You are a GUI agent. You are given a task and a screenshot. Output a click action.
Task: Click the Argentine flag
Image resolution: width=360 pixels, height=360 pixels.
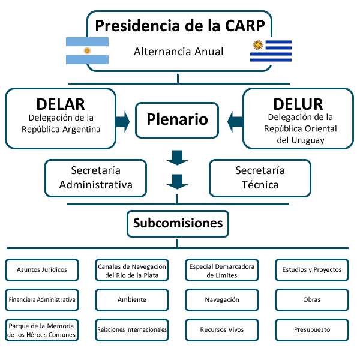point(87,50)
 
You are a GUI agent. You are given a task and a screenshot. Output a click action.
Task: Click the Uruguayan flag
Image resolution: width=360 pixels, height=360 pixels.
point(271,50)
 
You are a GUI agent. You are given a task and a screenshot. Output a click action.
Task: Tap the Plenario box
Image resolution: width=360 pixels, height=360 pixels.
point(178,119)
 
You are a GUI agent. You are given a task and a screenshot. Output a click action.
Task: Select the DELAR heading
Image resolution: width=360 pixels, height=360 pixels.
point(61,103)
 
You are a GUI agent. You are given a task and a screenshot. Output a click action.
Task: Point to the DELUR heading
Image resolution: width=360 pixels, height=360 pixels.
point(298,103)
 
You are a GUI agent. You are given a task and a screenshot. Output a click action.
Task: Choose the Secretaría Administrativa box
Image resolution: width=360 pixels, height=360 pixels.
point(96,178)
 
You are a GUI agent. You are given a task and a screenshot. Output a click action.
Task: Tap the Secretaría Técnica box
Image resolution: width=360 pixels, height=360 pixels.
point(260,178)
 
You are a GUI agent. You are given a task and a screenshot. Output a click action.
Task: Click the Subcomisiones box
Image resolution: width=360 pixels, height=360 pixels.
point(178,224)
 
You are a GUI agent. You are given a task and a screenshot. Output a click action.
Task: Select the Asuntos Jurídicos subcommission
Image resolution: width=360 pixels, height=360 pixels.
point(42,270)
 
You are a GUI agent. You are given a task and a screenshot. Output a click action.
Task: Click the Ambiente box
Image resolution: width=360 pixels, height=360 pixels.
point(132,299)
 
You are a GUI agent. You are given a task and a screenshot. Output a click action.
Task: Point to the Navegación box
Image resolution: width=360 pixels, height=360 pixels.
point(222,299)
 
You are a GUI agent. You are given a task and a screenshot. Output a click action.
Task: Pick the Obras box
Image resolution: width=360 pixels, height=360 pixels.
point(312,299)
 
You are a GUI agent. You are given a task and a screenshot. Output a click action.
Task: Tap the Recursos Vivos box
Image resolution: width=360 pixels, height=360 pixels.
point(222,329)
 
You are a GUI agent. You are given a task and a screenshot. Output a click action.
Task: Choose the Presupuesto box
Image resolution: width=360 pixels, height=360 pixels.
point(312,329)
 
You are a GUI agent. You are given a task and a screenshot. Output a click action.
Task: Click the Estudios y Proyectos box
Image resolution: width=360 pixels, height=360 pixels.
point(312,270)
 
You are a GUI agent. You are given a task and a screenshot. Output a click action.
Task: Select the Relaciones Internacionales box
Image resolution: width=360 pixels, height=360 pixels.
point(132,329)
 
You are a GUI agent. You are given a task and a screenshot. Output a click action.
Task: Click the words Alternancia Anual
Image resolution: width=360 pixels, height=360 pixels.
point(178,52)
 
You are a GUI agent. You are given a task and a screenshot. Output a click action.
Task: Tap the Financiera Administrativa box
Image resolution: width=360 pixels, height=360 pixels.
point(42,299)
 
